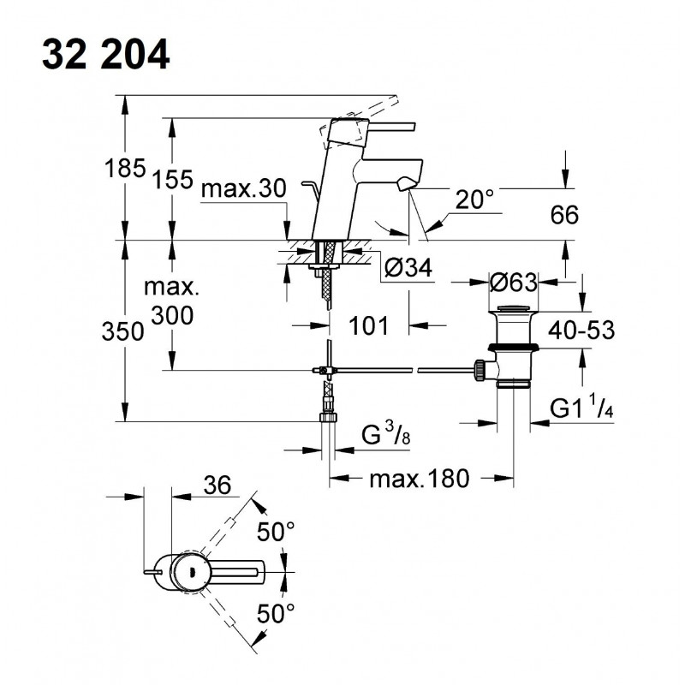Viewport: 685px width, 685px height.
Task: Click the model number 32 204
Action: [105, 54]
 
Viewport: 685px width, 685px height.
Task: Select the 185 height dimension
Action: [125, 168]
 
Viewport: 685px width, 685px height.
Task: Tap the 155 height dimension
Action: [172, 179]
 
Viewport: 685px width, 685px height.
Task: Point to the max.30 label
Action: [244, 188]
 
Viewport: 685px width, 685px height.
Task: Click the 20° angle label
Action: [474, 200]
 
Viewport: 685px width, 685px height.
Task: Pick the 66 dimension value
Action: [564, 215]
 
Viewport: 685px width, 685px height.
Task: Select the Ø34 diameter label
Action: [408, 267]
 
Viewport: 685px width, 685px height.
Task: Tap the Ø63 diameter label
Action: [513, 283]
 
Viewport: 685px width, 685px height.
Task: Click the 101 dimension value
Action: [368, 325]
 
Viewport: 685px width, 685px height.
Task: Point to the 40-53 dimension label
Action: [581, 330]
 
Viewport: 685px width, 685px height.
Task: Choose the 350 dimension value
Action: [122, 331]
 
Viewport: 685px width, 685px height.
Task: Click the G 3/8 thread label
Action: [386, 434]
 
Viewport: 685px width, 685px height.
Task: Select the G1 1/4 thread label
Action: [581, 408]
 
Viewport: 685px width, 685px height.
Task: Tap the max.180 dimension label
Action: [420, 479]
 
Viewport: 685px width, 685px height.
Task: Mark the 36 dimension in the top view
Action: [217, 485]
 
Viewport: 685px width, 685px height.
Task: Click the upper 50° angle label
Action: [276, 532]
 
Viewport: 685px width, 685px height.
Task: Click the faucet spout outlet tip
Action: [406, 183]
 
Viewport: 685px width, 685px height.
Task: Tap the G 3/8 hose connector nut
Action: [329, 417]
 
